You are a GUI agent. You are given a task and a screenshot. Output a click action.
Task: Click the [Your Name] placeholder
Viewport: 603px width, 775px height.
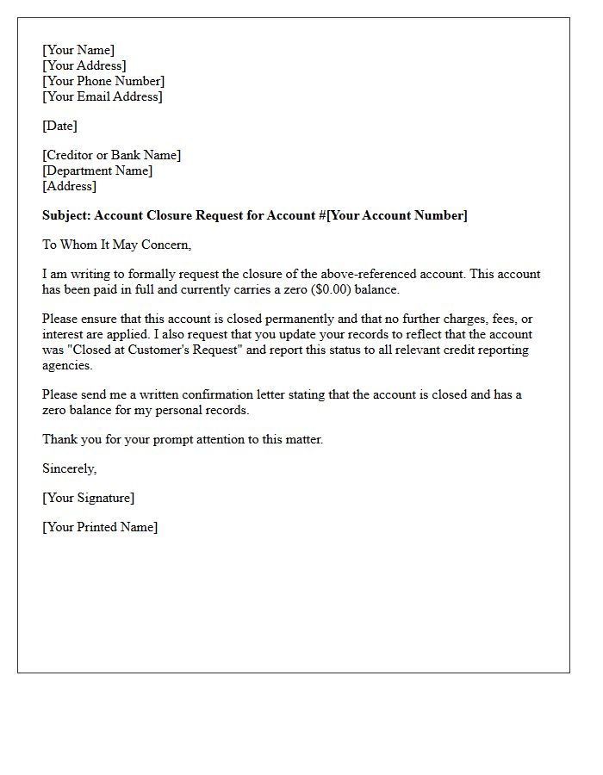point(78,50)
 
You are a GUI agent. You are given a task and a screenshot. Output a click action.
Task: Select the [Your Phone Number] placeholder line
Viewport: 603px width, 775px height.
point(103,81)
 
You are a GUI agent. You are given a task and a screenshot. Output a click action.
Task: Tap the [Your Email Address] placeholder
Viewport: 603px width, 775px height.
point(102,96)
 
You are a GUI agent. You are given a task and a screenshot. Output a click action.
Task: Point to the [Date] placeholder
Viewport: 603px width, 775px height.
point(59,126)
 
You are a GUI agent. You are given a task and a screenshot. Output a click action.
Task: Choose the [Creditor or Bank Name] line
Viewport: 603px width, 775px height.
point(111,155)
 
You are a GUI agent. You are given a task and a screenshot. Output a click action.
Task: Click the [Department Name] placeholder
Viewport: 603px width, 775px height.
point(97,170)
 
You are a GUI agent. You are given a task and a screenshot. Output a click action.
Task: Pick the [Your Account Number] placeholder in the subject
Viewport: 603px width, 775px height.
point(396,215)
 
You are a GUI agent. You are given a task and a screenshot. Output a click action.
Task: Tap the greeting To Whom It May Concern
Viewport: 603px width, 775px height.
point(116,245)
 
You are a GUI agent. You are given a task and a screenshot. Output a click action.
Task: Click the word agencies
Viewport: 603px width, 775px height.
point(67,365)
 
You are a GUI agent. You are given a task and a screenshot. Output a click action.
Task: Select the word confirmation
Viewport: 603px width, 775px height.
point(221,394)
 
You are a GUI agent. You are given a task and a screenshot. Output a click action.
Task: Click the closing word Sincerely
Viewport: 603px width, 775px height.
point(69,468)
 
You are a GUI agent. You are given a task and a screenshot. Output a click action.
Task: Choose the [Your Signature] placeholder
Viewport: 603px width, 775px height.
point(88,498)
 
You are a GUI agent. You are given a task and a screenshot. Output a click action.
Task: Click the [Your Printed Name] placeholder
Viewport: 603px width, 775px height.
point(100,527)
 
